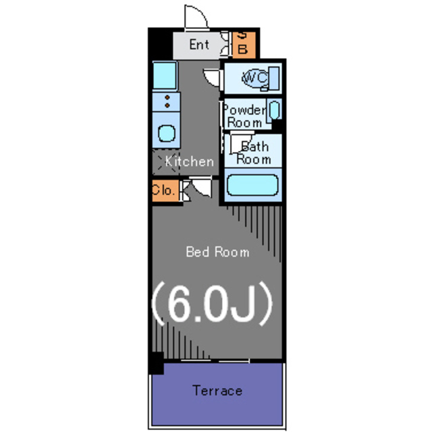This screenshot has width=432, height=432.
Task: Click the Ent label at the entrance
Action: pos(199,45)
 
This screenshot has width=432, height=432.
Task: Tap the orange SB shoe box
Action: pos(244,44)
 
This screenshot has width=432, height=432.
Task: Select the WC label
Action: pos(254,78)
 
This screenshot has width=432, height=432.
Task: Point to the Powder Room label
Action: pos(244,116)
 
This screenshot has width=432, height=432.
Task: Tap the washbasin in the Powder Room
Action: pos(275,110)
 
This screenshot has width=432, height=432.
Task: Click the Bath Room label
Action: pos(254,153)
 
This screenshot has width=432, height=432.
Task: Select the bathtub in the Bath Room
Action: pos(252,185)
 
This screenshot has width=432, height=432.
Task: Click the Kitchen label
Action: pos(190,162)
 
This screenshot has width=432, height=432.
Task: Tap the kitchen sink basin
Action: pos(165,132)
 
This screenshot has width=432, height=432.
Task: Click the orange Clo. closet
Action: pos(163,190)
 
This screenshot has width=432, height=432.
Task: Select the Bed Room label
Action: pos(217,252)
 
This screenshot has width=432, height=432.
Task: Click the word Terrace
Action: pos(217,391)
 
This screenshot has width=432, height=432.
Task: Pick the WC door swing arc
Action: pos(212,76)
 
